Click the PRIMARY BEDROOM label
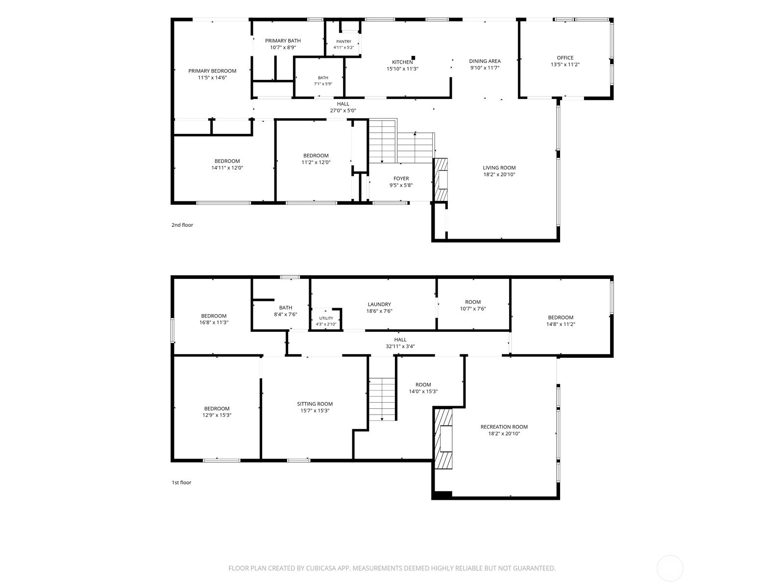click(x=212, y=71)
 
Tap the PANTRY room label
click(x=343, y=42)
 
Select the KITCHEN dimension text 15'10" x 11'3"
click(x=402, y=69)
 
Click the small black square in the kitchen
click(x=413, y=58)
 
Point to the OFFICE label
click(x=565, y=58)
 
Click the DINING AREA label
click(x=485, y=61)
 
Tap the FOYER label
click(x=401, y=178)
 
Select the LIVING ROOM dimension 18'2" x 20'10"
click(x=499, y=174)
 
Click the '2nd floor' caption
click(x=182, y=225)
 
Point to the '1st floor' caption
click(x=181, y=482)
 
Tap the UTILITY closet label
click(x=326, y=318)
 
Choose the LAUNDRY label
click(x=379, y=304)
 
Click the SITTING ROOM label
click(x=315, y=404)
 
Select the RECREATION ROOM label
click(x=504, y=427)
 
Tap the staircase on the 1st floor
click(x=382, y=399)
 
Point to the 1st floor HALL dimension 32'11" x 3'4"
click(x=400, y=346)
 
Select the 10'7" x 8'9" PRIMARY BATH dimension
click(x=283, y=48)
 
